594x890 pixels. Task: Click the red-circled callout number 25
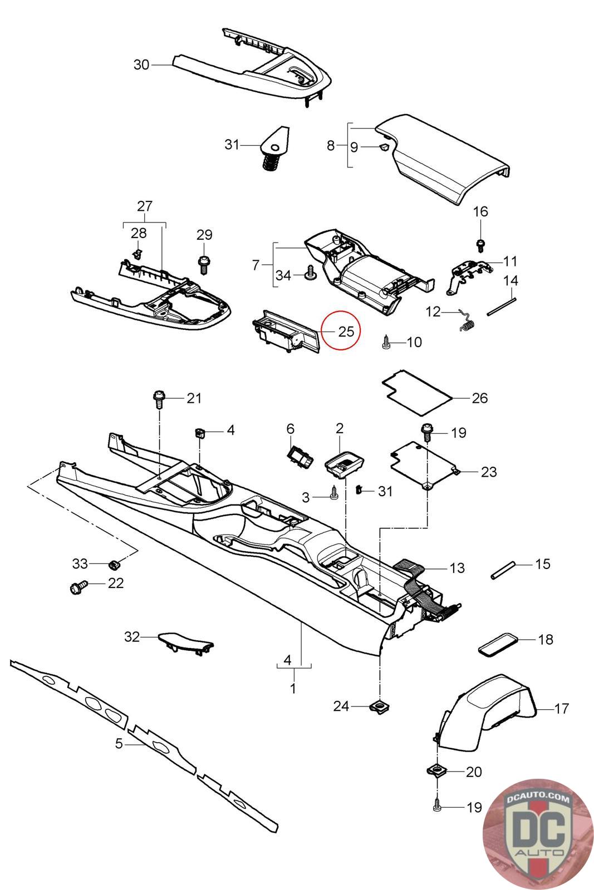point(346,331)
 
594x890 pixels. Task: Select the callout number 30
point(141,65)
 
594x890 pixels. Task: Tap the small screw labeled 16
point(480,244)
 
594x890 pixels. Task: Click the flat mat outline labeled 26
point(418,392)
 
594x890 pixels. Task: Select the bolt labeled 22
point(77,587)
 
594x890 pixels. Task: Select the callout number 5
point(119,743)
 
